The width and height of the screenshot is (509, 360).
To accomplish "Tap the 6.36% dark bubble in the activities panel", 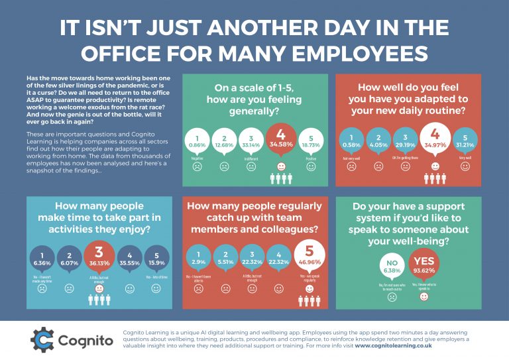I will pyautogui.click(x=41, y=258).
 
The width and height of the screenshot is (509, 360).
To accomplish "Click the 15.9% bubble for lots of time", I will pyautogui.click(x=156, y=258).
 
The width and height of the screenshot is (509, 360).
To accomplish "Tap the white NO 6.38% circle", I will pyautogui.click(x=392, y=267).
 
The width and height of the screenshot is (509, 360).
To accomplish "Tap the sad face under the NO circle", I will pyautogui.click(x=392, y=298).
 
